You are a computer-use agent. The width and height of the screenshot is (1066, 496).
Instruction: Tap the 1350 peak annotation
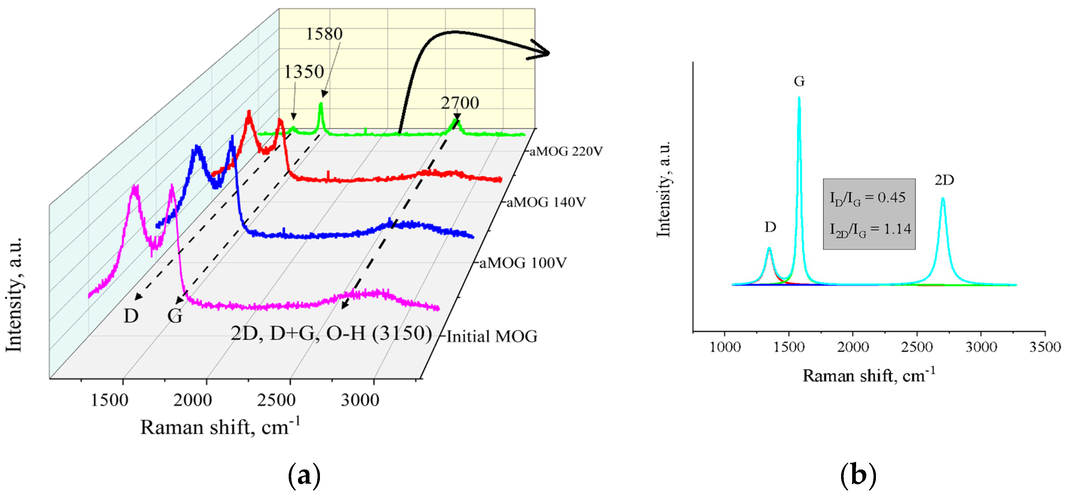304,72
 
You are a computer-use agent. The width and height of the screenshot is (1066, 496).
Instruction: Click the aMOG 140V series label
546,202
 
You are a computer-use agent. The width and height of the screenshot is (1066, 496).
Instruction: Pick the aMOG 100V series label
523,263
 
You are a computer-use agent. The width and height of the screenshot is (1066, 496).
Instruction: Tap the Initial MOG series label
492,336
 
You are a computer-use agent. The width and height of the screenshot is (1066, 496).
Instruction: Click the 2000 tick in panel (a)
192,400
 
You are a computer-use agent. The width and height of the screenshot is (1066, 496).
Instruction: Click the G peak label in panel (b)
799,81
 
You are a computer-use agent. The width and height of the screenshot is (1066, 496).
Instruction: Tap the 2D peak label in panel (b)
944,180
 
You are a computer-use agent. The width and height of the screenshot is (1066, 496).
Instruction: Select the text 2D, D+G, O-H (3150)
331,333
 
